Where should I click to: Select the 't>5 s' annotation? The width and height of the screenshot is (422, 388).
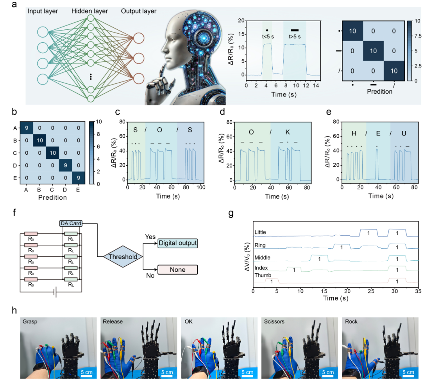294,36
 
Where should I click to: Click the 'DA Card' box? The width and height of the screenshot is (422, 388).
71,223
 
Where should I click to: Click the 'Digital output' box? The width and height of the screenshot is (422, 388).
177,244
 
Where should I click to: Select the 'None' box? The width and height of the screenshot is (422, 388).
177,269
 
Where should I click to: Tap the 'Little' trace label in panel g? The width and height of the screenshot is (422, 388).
260,232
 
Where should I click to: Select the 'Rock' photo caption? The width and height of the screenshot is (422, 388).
352,321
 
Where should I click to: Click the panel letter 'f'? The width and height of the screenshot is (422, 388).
15,214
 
